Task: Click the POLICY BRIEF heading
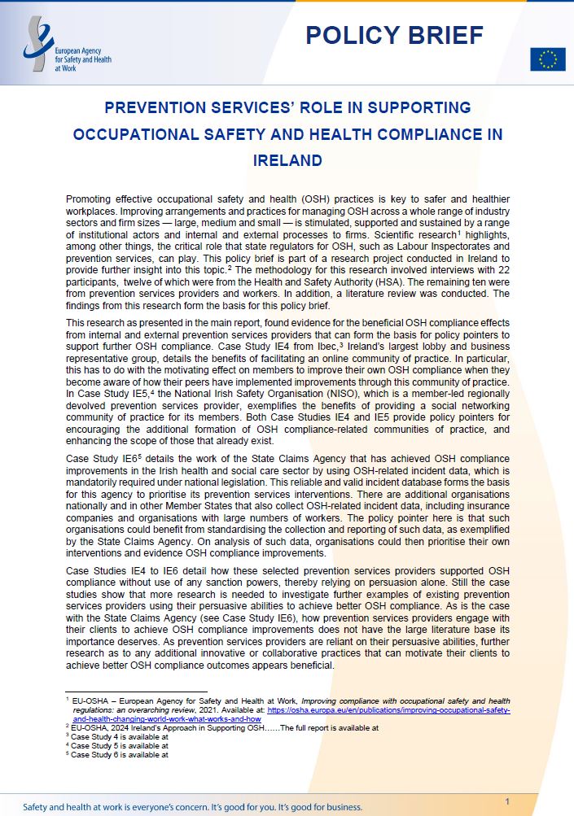pyautogui.click(x=394, y=34)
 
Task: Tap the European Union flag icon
pyautogui.click(x=547, y=59)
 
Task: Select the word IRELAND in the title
pyautogui.click(x=287, y=161)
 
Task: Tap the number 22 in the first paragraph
pyautogui.click(x=502, y=268)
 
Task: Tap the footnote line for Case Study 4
pyautogui.click(x=120, y=736)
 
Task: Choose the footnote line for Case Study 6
pyautogui.click(x=120, y=754)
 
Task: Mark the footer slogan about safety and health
pyautogui.click(x=193, y=807)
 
